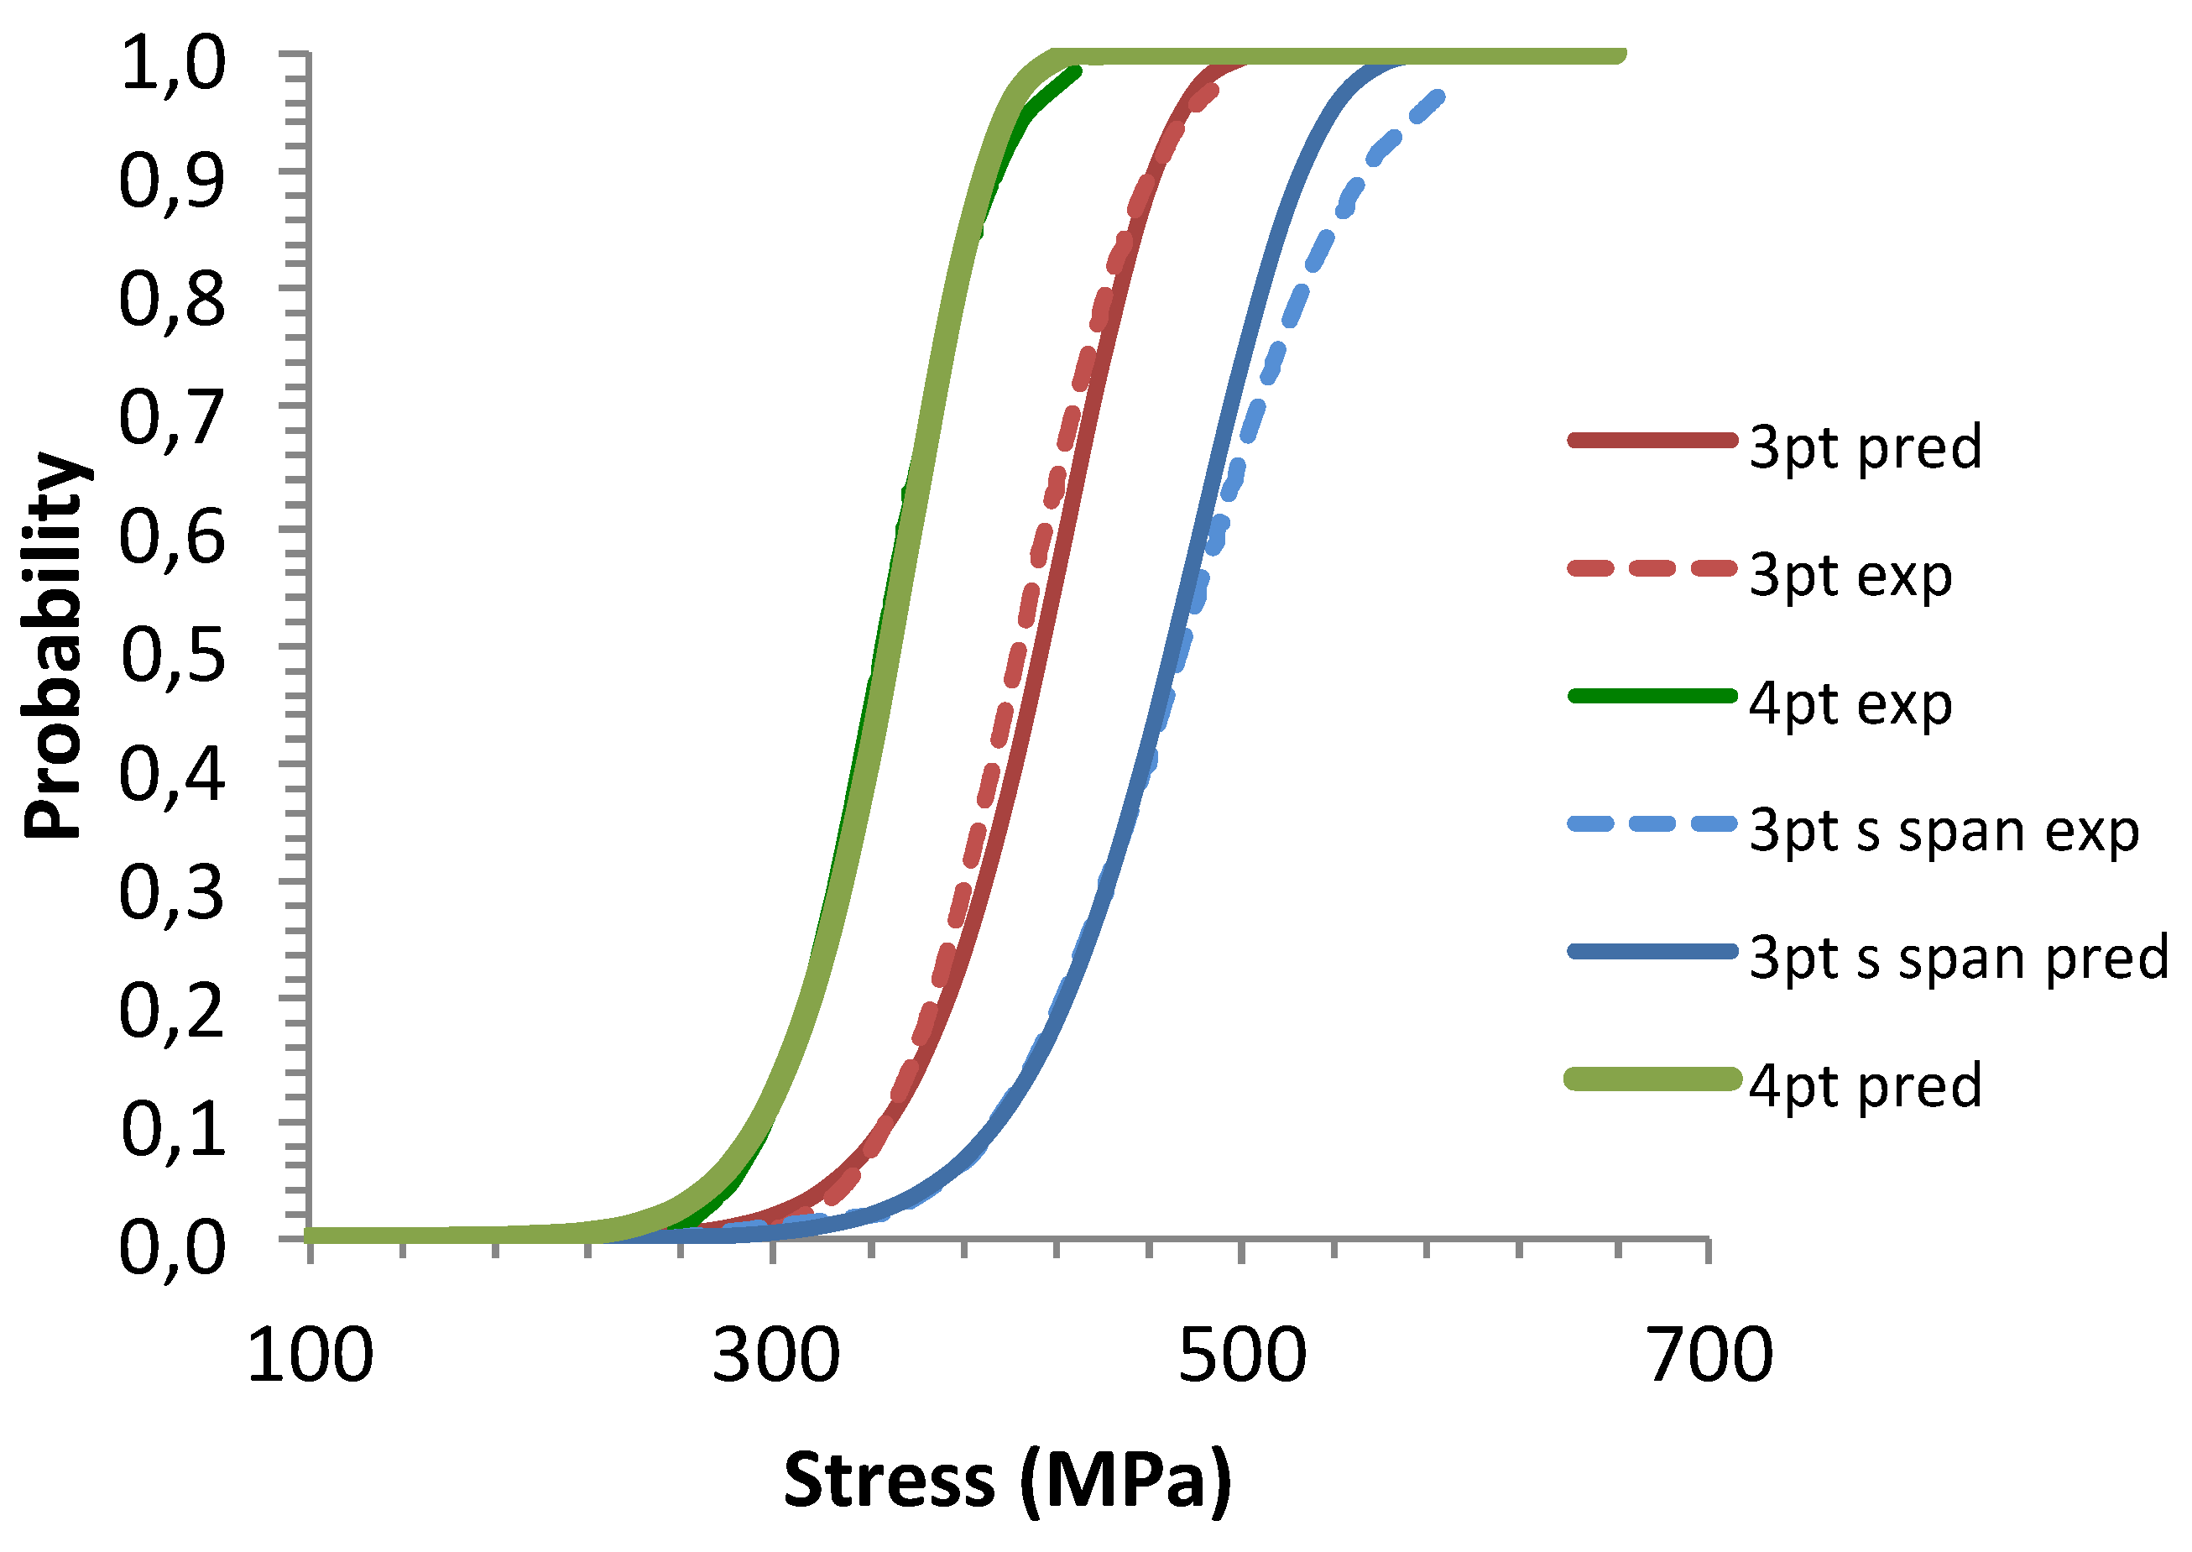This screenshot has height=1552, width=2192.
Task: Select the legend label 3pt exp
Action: point(1850,577)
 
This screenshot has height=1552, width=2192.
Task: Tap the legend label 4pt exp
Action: point(1850,705)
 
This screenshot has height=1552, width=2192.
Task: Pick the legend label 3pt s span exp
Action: point(1944,832)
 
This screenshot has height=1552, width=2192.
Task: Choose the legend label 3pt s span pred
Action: point(1958,959)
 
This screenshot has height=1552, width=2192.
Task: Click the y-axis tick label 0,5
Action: point(173,657)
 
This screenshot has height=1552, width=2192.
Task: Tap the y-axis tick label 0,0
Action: point(173,1249)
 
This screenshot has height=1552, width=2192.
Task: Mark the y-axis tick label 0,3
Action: point(173,894)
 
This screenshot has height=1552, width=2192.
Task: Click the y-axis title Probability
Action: point(55,648)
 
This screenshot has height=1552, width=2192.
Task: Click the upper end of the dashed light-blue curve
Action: point(1438,97)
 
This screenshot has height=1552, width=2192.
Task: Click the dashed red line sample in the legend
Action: point(1652,568)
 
